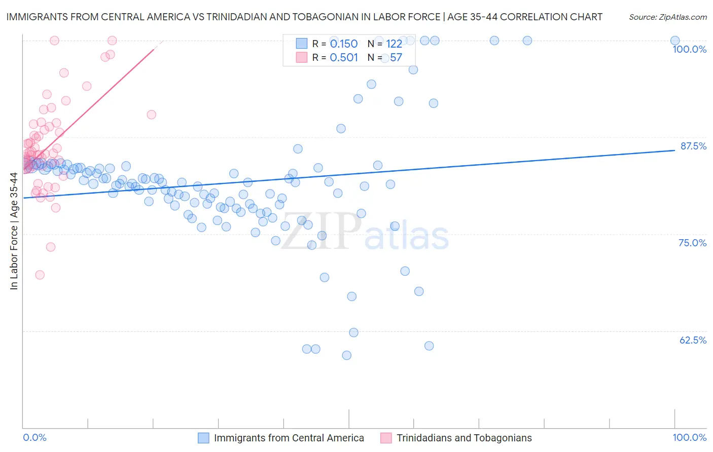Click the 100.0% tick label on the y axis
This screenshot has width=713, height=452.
(689, 49)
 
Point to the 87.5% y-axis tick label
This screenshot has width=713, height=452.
(693, 146)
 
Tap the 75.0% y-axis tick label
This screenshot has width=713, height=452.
(692, 243)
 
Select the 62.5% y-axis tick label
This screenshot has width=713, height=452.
(693, 340)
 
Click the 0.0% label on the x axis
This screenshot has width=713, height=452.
(34, 437)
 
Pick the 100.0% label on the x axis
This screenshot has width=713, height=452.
(689, 437)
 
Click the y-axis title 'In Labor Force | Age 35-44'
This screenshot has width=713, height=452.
(14, 231)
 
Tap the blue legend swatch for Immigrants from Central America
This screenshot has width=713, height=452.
(203, 438)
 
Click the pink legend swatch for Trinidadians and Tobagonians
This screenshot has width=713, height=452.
(386, 438)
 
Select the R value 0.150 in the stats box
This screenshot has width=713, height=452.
(344, 44)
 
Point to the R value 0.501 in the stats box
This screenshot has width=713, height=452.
(344, 58)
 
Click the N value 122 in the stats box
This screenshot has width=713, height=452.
(394, 44)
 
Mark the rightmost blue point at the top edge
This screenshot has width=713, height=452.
(675, 41)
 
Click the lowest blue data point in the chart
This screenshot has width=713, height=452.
(347, 355)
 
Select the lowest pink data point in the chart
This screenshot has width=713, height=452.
(40, 275)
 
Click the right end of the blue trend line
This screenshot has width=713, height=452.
(675, 150)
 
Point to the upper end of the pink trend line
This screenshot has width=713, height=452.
(154, 49)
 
